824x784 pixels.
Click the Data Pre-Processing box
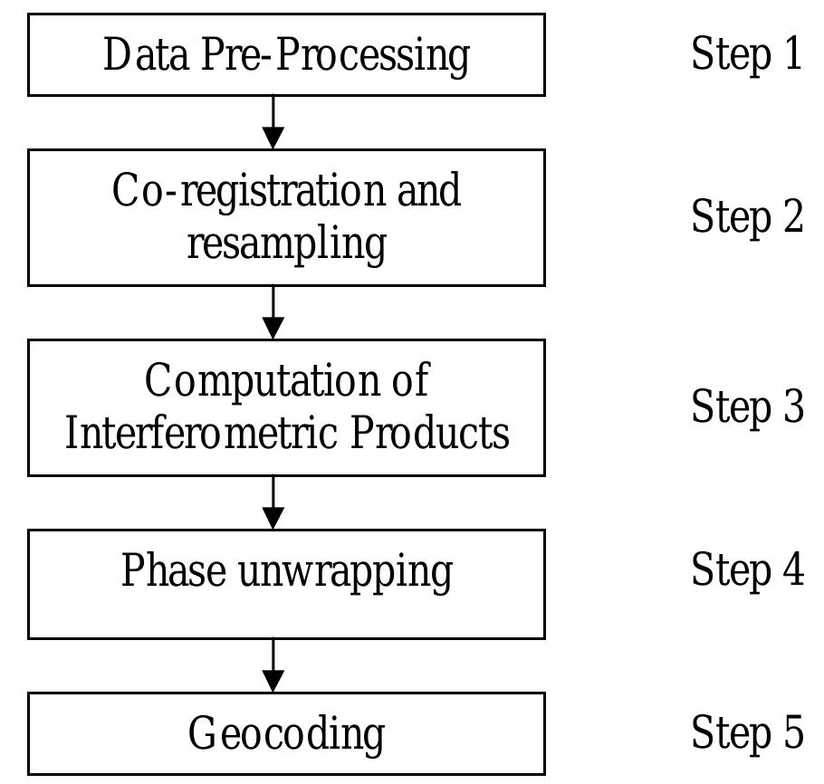pyautogui.click(x=286, y=54)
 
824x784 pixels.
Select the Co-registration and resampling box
pyautogui.click(x=286, y=217)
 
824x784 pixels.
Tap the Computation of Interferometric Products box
pyautogui.click(x=286, y=407)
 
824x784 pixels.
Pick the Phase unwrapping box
pyautogui.click(x=286, y=584)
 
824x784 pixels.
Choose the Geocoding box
pyautogui.click(x=286, y=733)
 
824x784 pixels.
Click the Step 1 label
pyautogui.click(x=747, y=53)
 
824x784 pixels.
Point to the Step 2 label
pyautogui.click(x=747, y=216)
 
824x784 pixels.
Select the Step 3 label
pyautogui.click(x=747, y=406)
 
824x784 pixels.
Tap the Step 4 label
pyautogui.click(x=747, y=569)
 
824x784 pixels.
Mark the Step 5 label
pyautogui.click(x=747, y=732)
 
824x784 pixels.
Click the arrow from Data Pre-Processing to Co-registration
pyautogui.click(x=273, y=122)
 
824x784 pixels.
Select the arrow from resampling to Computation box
pyautogui.click(x=273, y=312)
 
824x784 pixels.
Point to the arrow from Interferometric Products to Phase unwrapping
pyautogui.click(x=273, y=502)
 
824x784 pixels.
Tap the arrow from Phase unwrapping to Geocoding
pyautogui.click(x=273, y=665)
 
